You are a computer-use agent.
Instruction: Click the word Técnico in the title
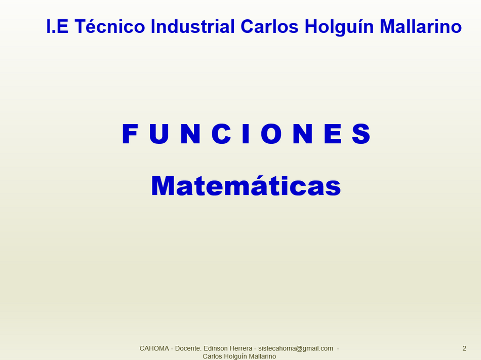click(x=109, y=26)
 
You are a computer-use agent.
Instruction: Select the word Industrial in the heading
click(x=192, y=26)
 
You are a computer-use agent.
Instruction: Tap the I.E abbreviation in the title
click(x=57, y=26)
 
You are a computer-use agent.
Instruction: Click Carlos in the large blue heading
click(x=269, y=26)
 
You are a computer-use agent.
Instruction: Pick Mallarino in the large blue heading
click(x=421, y=26)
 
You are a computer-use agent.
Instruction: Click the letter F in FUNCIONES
click(x=130, y=134)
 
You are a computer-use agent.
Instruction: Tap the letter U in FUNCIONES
click(x=159, y=134)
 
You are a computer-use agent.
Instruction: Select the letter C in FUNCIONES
click(x=221, y=134)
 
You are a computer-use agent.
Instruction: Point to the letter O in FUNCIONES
click(x=271, y=134)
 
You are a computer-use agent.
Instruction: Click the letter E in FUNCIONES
click(x=333, y=134)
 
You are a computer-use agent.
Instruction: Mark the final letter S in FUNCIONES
click(x=361, y=134)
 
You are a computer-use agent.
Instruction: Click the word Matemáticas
click(x=246, y=185)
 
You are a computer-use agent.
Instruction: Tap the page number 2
click(x=464, y=348)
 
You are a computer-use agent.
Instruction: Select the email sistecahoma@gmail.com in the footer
click(x=296, y=349)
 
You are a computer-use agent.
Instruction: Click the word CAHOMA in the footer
click(x=154, y=348)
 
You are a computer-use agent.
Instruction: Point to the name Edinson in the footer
click(x=215, y=348)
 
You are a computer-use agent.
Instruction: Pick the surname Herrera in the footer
click(x=240, y=348)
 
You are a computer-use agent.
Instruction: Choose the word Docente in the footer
click(x=188, y=348)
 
